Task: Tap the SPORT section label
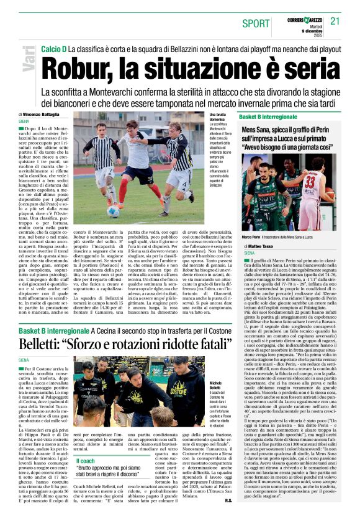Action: click(257, 22)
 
